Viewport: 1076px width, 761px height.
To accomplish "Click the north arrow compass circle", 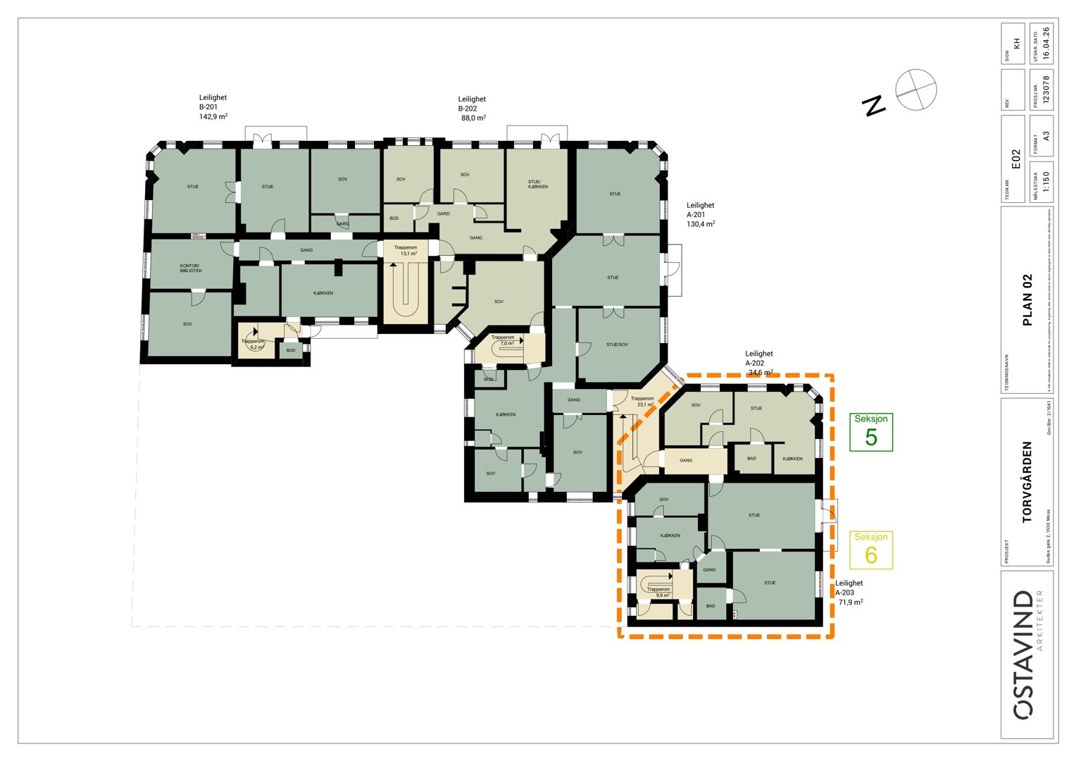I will [x=915, y=89].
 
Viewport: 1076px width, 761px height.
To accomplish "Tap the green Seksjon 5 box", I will [x=871, y=431].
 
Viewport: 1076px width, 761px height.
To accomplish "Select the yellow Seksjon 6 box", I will [x=871, y=550].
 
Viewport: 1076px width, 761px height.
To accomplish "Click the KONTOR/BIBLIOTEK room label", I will [x=190, y=268].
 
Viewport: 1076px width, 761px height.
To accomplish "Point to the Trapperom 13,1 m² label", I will [x=405, y=250].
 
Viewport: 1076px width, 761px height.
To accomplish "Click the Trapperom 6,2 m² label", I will [x=253, y=344].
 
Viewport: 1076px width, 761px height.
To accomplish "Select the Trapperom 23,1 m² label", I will [x=642, y=402].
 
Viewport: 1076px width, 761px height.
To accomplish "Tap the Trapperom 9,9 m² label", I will [x=658, y=592].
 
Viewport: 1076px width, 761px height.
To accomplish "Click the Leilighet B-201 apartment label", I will [x=213, y=107].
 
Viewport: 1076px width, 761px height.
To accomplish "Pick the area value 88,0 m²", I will [x=473, y=118].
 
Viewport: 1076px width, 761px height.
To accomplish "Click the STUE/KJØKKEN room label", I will [x=538, y=184].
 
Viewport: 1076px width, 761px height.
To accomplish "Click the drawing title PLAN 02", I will [x=1027, y=299].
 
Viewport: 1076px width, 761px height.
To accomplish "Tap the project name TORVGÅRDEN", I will [x=1027, y=481].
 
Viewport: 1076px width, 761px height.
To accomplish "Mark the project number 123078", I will [x=1046, y=89].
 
